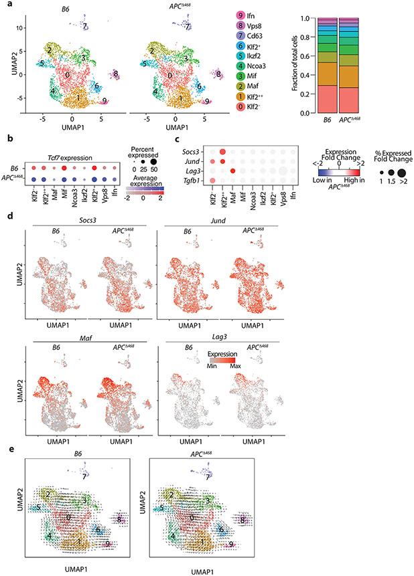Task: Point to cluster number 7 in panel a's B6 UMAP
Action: (x=85, y=27)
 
